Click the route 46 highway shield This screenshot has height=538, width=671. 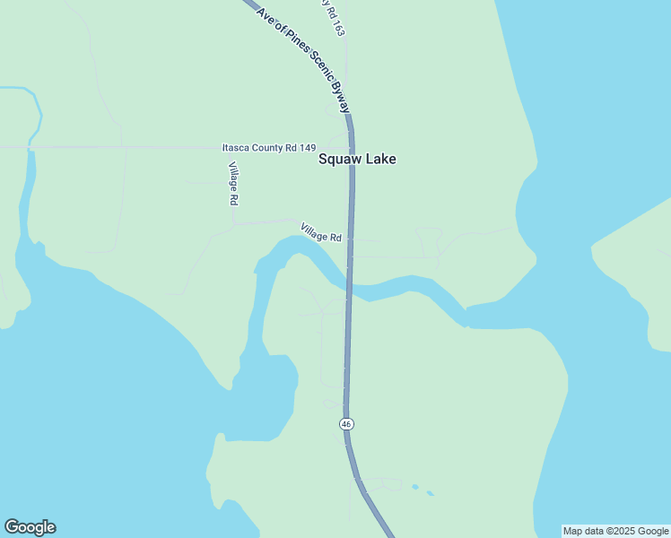coord(346,423)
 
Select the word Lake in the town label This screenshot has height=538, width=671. coord(379,160)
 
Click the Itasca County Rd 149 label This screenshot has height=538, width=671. coord(269,147)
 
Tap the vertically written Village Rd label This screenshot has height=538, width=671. coord(233,183)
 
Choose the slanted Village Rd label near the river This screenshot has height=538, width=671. coord(321,233)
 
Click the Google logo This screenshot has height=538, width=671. coord(30,527)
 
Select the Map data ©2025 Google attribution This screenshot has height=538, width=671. coord(616,531)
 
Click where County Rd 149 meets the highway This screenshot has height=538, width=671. coord(351,147)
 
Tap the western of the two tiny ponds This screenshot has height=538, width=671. coord(414,487)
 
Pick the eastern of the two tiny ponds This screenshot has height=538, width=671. coord(431,493)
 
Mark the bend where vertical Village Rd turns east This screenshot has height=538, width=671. coord(234,224)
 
